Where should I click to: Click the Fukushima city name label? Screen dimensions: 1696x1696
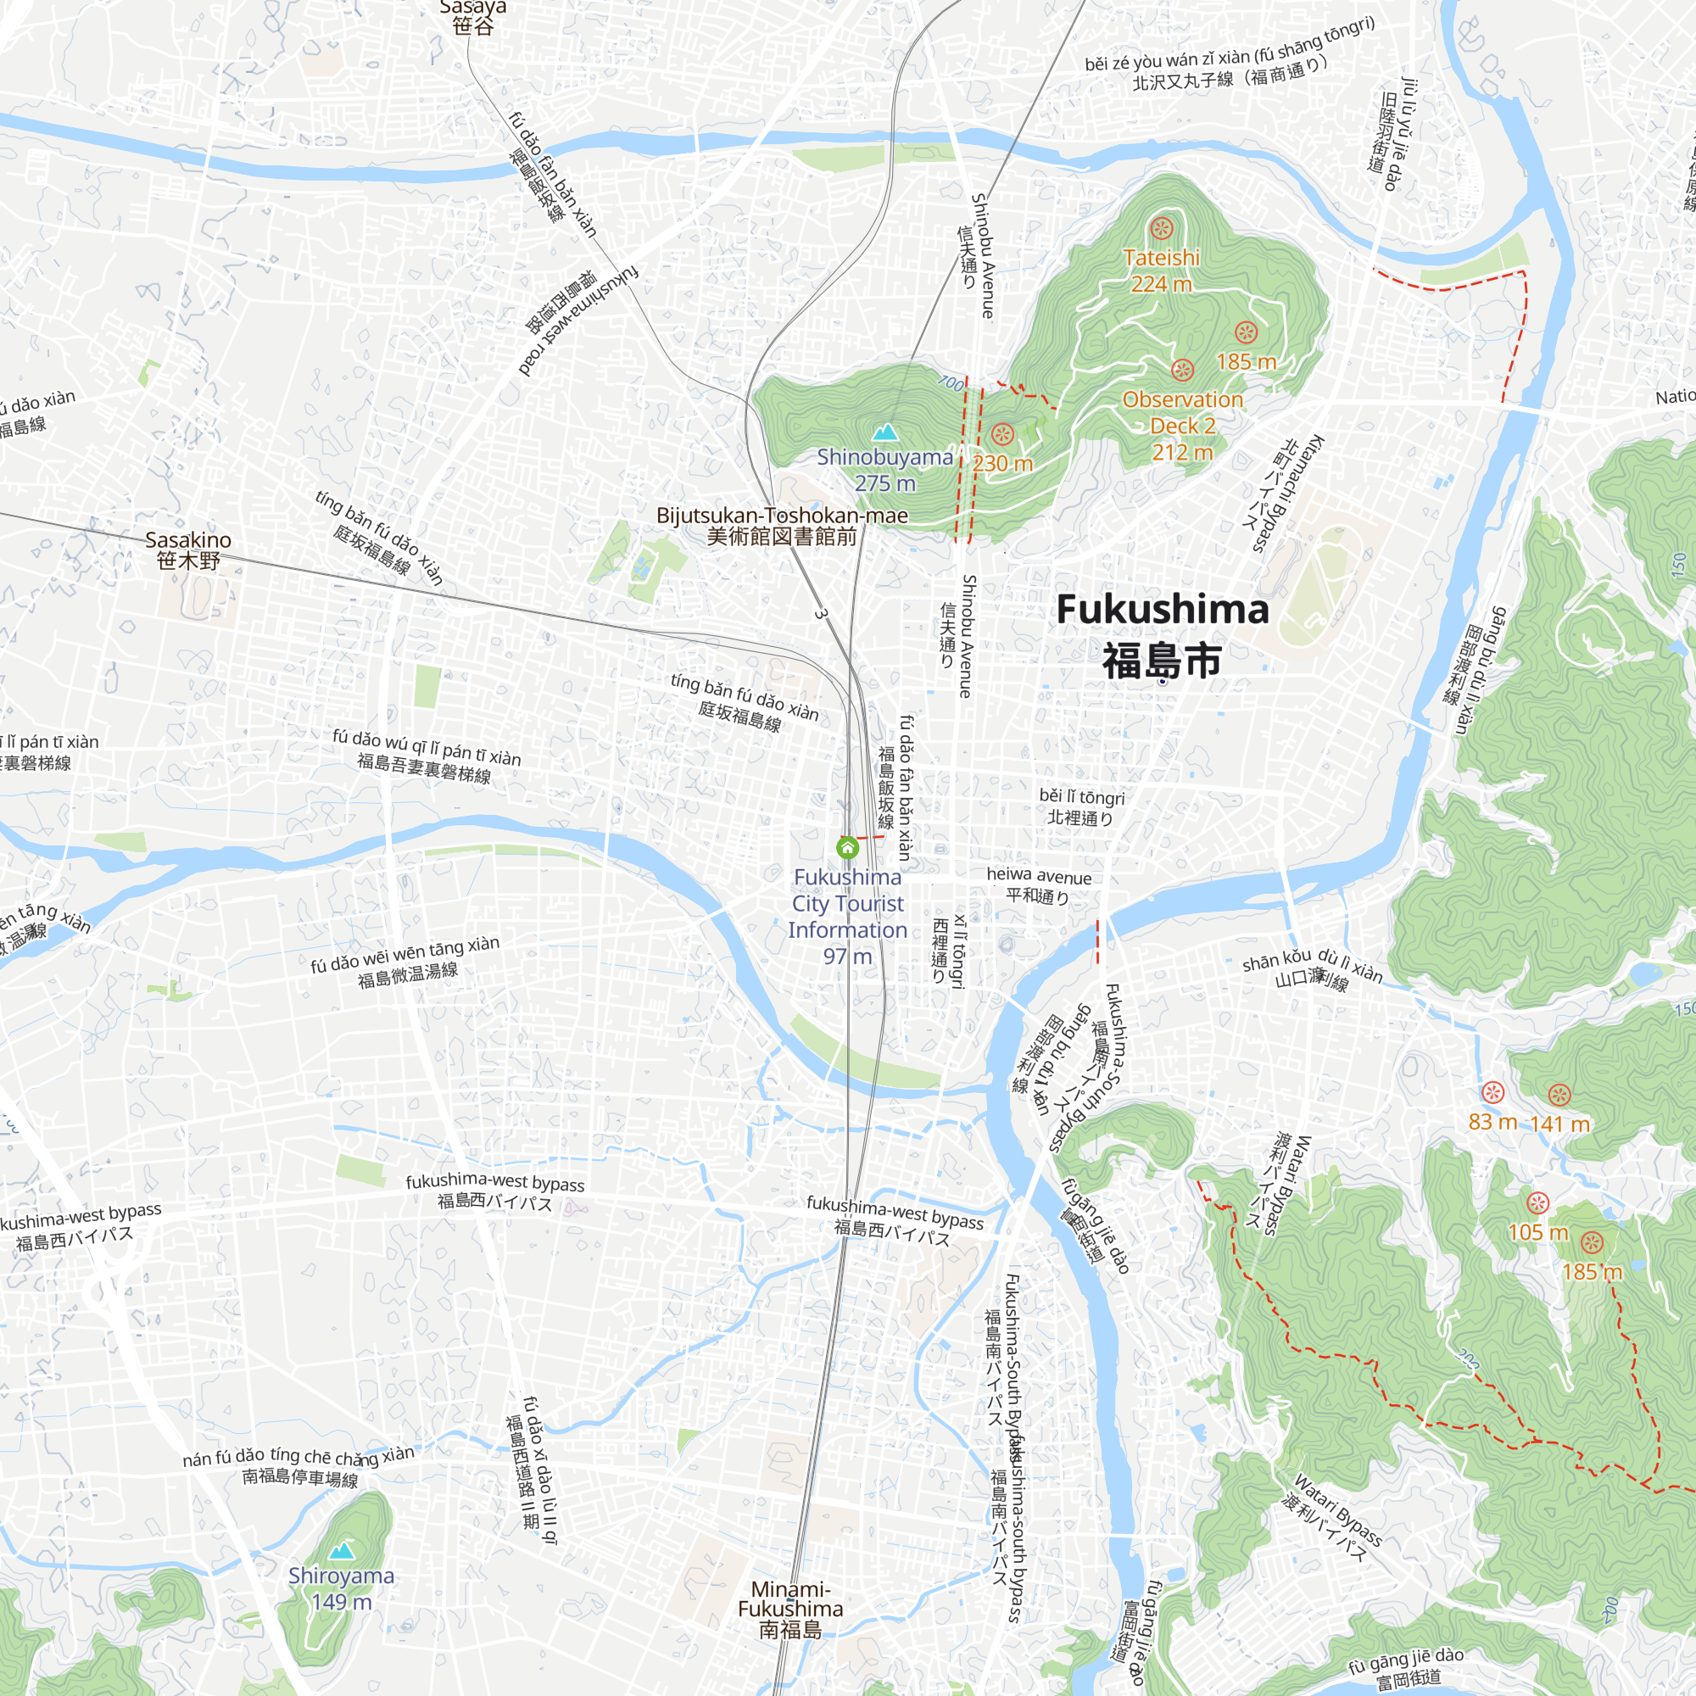tap(1162, 634)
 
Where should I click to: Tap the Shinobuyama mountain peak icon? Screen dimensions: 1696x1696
tap(884, 432)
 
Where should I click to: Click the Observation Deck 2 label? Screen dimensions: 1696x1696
tap(1182, 426)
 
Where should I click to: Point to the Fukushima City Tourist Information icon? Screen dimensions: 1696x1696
tap(847, 847)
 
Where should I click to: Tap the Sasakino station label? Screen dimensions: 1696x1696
tap(188, 550)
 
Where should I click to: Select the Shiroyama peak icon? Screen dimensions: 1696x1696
tap(342, 1550)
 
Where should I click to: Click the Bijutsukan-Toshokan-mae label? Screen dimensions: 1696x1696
tap(782, 525)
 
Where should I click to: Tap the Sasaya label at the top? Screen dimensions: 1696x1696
tap(473, 16)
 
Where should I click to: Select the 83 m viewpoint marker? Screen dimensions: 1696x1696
tap(1493, 1093)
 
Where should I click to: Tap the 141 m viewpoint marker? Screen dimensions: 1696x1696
tap(1559, 1095)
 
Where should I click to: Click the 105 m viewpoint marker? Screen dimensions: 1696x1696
tap(1537, 1202)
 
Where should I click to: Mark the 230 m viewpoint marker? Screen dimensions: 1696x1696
tap(1002, 433)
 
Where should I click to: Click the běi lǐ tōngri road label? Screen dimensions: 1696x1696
tap(1080, 806)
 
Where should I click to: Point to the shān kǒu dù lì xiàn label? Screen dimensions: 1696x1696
tap(1312, 969)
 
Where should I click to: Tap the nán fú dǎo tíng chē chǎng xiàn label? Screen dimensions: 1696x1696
tap(299, 1467)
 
